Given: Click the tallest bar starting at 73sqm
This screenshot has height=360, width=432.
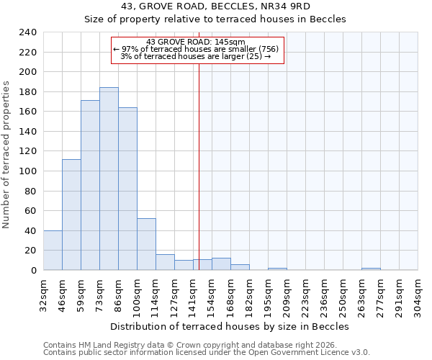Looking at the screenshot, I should point(109,179).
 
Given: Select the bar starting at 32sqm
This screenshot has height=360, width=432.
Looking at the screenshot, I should point(53,250).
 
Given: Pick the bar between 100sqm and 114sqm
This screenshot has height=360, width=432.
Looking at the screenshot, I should point(146,244).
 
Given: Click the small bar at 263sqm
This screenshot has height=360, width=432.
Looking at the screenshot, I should point(371,269).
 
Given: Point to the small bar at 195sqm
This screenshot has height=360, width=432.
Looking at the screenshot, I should point(277,269).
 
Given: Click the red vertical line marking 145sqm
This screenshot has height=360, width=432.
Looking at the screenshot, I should point(199,166).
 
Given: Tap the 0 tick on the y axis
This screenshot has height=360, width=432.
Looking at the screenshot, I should point(34,270).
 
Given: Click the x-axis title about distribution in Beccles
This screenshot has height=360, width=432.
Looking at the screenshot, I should point(230,326).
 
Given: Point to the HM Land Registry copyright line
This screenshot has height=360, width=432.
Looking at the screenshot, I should point(205,345).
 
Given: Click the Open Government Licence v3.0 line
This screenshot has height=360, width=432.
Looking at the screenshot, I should point(207,353).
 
